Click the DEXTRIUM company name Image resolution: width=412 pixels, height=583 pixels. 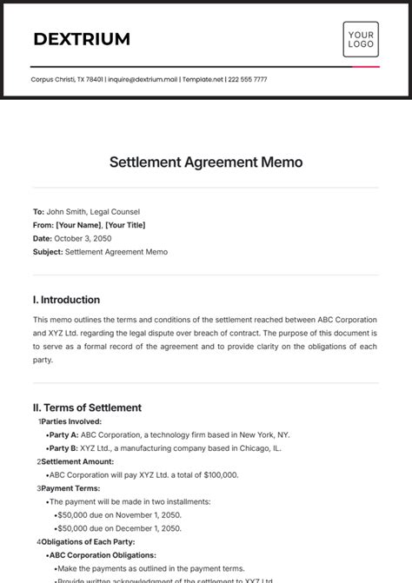coord(82,39)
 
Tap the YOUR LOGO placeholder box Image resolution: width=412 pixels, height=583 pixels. coord(361,39)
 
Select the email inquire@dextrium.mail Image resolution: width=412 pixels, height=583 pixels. coord(143,79)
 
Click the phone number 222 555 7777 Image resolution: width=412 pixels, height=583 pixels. coord(248,79)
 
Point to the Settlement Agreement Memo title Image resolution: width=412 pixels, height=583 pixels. coord(206,162)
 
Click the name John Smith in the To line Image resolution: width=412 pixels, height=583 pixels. coord(68,211)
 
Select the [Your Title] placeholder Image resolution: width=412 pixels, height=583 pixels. coord(126,225)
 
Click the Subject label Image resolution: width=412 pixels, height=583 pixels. coord(47,252)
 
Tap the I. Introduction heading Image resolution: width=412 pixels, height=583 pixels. coord(66,300)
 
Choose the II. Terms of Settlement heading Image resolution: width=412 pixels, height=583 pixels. coord(87,407)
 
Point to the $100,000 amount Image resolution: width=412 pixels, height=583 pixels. coord(220,475)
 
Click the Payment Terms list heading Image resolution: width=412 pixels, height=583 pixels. coord(71,488)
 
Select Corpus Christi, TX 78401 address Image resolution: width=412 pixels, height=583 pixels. coord(67,79)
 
